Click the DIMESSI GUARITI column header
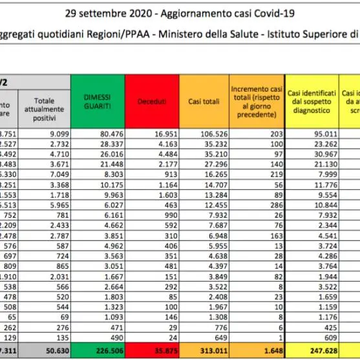(98, 101)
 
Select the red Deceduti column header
(151, 101)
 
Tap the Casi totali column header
(203, 101)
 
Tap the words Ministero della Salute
(194, 35)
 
